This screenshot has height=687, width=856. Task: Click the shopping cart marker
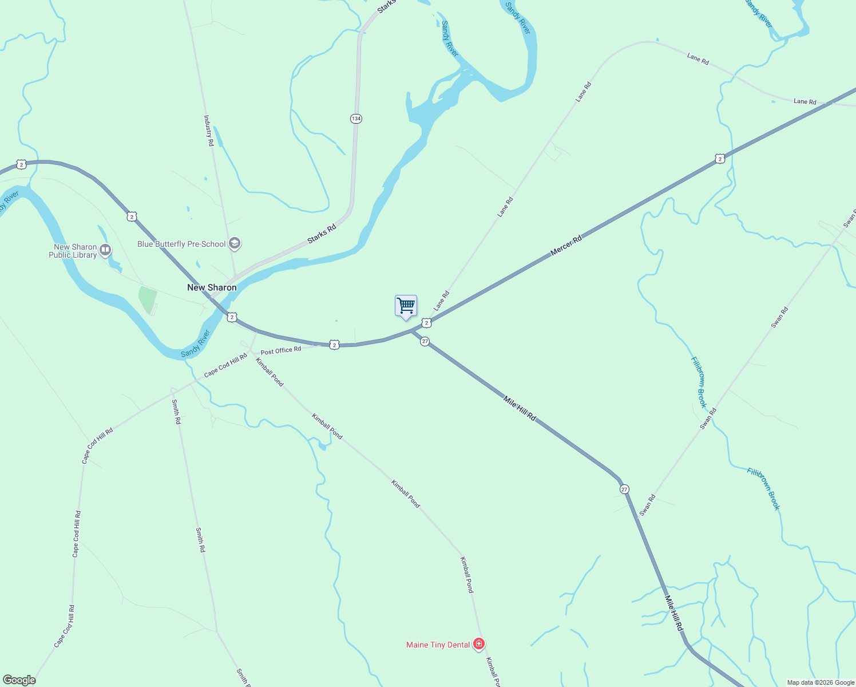tap(406, 306)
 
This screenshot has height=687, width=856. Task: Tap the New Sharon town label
tap(212, 287)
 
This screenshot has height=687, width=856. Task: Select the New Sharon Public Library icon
tap(105, 250)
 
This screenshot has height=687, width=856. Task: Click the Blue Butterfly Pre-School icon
tap(234, 244)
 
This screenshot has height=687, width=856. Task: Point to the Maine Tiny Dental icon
tap(479, 644)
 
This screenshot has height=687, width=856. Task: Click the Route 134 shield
tap(356, 119)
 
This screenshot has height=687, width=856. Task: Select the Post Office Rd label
tap(280, 350)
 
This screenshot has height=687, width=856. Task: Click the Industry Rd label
tap(209, 131)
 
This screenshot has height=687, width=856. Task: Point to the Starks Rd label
tap(322, 234)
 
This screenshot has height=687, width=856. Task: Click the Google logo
tap(19, 680)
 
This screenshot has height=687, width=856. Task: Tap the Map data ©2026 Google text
tap(821, 682)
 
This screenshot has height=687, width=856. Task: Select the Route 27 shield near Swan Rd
tap(624, 489)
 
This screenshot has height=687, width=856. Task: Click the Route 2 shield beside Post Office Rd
tap(335, 345)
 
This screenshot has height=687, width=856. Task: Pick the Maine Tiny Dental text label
tap(438, 645)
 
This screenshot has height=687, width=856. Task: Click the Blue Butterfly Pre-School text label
tap(181, 244)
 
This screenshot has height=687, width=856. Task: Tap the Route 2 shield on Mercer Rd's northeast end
tap(720, 159)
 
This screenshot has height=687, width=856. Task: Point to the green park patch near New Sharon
tap(148, 299)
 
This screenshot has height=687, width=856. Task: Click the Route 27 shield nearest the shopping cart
tap(425, 341)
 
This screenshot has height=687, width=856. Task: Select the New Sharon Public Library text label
tap(73, 251)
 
